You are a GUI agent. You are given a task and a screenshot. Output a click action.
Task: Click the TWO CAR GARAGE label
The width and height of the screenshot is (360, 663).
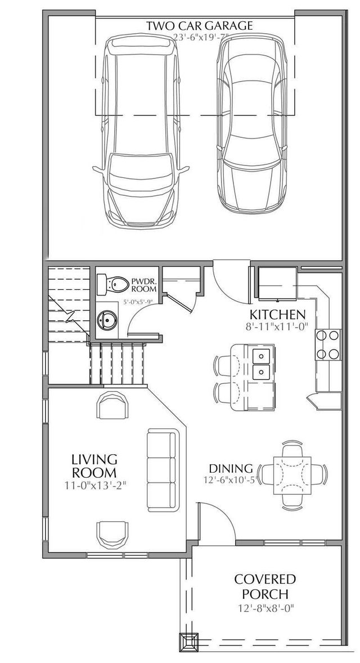coord(199,25)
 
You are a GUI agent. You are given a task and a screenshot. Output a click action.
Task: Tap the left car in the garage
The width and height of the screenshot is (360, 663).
coord(141,132)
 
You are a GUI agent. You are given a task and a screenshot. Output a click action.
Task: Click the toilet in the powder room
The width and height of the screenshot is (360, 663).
coord(110,285)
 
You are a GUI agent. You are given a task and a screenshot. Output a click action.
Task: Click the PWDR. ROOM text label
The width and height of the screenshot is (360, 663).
coord(142,284)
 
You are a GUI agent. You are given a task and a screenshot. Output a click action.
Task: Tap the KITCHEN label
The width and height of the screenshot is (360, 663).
coord(278,314)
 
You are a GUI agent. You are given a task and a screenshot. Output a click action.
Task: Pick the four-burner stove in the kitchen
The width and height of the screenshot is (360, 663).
coord(328,344)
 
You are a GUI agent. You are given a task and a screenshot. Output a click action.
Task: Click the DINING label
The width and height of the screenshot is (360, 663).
coord(231,468)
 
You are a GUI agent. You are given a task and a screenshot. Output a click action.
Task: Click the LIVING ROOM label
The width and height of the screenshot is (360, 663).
coord(94,465)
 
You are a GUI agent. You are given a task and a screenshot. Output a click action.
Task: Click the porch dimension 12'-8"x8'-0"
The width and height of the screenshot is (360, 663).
coord(265,608)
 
